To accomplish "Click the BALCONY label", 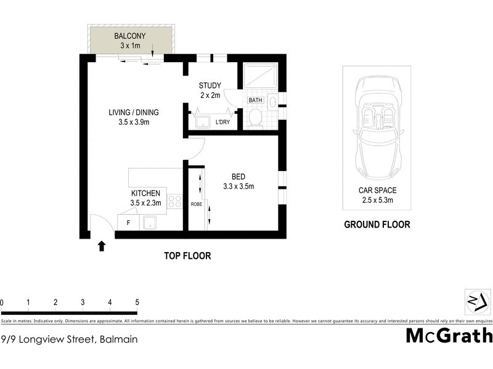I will [x=129, y=36].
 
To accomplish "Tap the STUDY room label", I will [x=210, y=85].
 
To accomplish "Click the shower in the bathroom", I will [x=258, y=77].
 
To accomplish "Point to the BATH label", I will [x=256, y=100].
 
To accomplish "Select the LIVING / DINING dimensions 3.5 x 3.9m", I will [x=134, y=122].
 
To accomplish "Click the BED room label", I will [x=238, y=176].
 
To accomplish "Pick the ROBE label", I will [x=196, y=204].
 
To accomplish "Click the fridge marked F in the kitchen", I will [x=128, y=223].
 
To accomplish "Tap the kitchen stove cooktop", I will [x=175, y=202].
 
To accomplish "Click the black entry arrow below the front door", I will [x=102, y=246].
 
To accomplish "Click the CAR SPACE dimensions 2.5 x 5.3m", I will [x=377, y=200].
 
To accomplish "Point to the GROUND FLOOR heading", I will [x=377, y=225].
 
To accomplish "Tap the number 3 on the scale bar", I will [x=83, y=303].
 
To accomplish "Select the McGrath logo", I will [x=449, y=336].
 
